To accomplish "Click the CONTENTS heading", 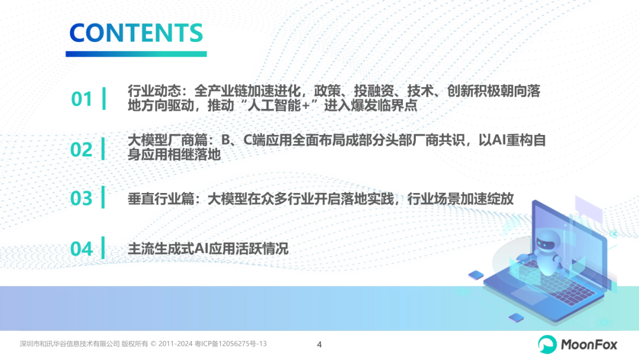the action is coord(136,33).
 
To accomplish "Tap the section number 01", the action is coord(82,99).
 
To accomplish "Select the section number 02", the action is coord(82,150).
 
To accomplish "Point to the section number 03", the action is coord(82,198).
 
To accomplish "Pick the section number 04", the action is coord(82,249).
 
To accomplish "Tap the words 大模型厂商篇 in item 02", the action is coord(167,140).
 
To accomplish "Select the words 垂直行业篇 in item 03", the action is coord(160,199).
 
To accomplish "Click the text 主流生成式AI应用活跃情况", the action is coord(208,249).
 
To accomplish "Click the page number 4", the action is coord(319,345).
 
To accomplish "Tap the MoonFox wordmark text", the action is coord(589,345).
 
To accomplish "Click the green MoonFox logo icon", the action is coord(547,345).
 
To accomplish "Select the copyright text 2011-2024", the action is coord(175,343).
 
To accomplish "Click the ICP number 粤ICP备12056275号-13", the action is coord(231,343).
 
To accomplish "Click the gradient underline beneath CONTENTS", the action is coord(136,54).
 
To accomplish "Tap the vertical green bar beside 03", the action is coord(103,197).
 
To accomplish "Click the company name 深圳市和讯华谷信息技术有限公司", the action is coord(70,343).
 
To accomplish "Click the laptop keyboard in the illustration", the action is coord(555,282).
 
